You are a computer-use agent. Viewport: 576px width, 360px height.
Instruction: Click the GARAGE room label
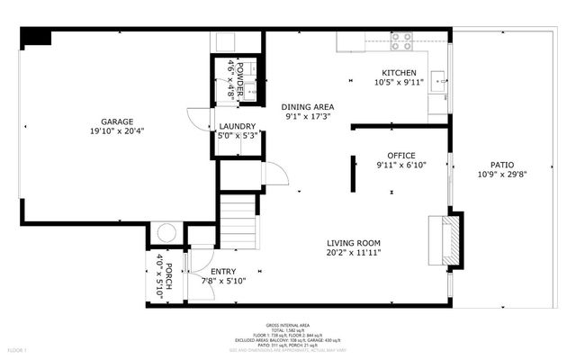click(116, 121)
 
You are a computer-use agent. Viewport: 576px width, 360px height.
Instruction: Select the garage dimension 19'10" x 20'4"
click(116, 131)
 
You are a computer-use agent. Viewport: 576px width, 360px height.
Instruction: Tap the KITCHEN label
click(400, 73)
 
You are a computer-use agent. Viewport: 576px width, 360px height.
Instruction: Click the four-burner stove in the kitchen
click(400, 40)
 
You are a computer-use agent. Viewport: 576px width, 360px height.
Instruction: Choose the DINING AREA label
click(308, 106)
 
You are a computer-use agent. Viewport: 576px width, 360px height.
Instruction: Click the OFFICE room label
click(400, 155)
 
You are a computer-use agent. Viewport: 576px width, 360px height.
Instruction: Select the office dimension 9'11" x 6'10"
click(400, 165)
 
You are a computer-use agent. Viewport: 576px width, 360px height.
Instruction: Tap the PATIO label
click(502, 165)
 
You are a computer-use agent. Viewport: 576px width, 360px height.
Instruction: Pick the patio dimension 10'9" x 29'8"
click(502, 175)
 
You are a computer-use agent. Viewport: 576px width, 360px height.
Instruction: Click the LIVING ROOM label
click(354, 243)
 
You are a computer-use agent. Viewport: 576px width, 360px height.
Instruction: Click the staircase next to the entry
click(238, 224)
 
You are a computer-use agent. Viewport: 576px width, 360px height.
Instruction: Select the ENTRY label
click(223, 271)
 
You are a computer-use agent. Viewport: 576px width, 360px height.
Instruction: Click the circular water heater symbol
click(167, 233)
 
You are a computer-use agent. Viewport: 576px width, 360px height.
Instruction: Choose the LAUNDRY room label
click(238, 126)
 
